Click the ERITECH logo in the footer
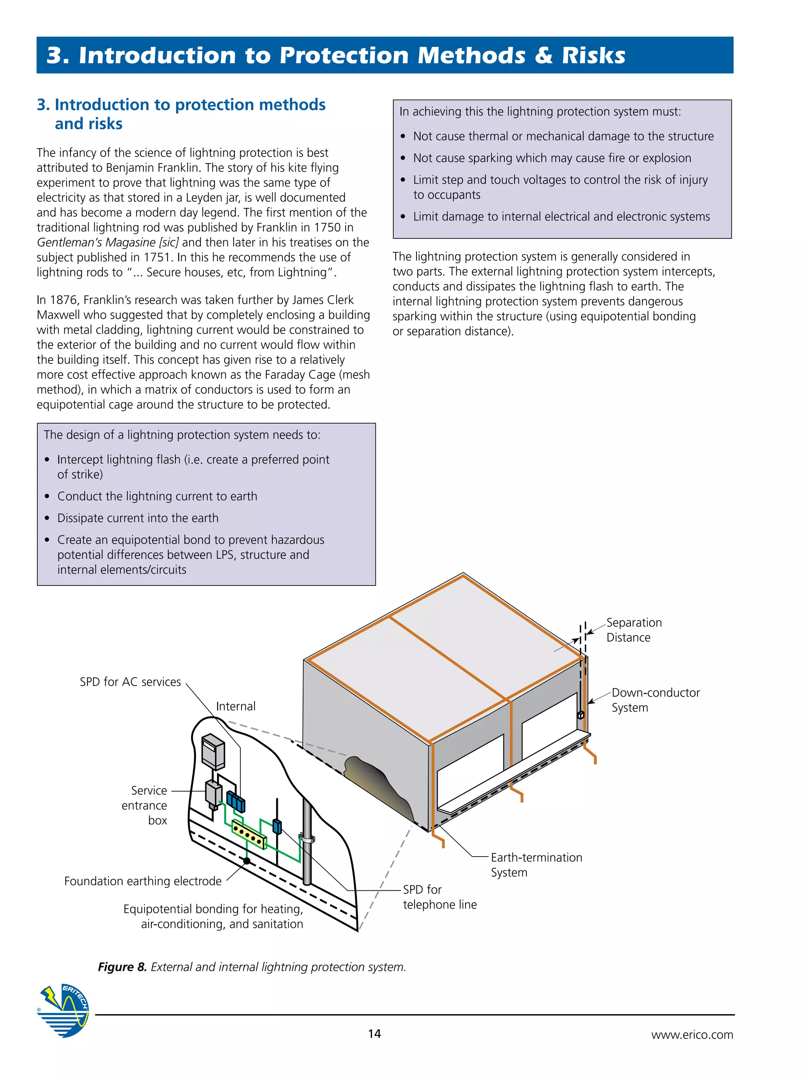point(63,1011)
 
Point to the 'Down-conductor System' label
point(655,700)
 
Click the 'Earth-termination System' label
point(536,864)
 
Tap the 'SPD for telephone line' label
point(439,896)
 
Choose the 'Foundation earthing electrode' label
point(143,881)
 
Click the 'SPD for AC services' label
point(130,682)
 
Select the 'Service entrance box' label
point(145,805)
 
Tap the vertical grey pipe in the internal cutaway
point(307,846)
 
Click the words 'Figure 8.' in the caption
point(122,966)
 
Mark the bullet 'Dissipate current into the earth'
point(138,518)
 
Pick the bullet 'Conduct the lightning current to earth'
point(157,496)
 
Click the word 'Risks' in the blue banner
point(593,56)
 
